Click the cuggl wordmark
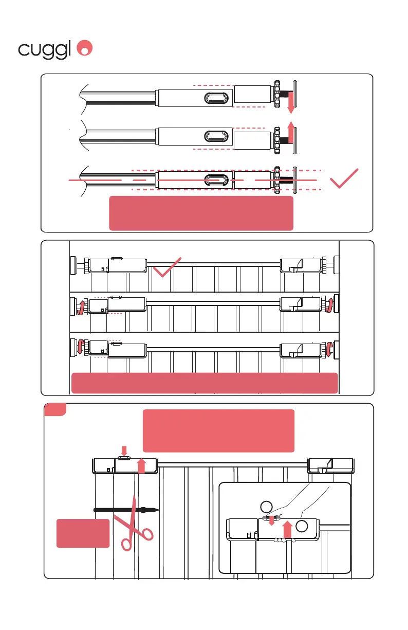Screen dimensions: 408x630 tap(45, 49)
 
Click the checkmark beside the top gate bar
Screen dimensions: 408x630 tap(166, 267)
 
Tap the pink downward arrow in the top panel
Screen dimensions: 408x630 tap(290, 103)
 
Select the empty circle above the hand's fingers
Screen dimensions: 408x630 tap(266, 507)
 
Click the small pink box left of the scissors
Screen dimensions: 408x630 tap(82, 533)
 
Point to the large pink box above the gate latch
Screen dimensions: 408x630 tap(218, 430)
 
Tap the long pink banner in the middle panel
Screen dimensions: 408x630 tap(204, 383)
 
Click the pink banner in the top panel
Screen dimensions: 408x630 tap(201, 213)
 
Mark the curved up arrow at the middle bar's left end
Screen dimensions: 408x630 tap(80, 308)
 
